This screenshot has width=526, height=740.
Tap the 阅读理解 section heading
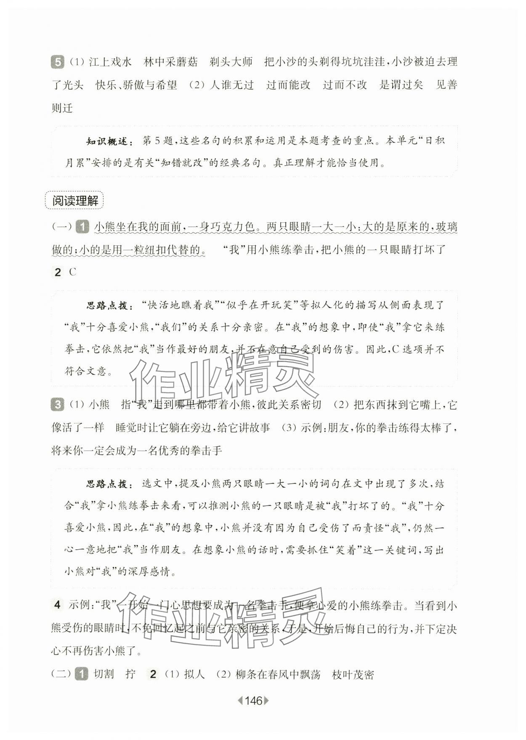click(x=74, y=201)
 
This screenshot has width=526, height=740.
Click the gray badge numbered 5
click(x=57, y=62)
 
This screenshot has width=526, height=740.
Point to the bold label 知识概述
click(x=107, y=141)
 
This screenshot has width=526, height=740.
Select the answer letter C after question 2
click(x=73, y=272)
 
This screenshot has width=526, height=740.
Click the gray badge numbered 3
click(x=57, y=405)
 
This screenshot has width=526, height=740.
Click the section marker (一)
click(x=61, y=227)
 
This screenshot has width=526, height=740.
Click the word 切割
click(x=104, y=674)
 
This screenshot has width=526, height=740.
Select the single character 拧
click(x=130, y=674)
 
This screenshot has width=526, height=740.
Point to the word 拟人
click(x=194, y=674)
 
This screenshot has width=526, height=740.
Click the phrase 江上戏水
click(x=111, y=62)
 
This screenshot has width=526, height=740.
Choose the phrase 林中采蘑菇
click(x=171, y=62)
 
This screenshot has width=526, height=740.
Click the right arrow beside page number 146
click(x=266, y=701)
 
